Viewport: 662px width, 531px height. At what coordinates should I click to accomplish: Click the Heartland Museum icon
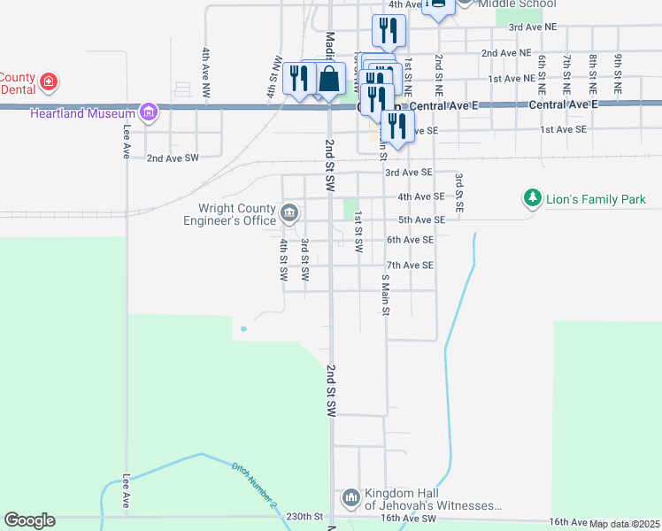pyautogui.click(x=148, y=112)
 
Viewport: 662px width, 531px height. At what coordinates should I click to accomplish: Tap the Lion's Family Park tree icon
pyautogui.click(x=532, y=199)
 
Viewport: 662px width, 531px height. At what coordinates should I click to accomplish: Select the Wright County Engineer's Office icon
pyautogui.click(x=289, y=213)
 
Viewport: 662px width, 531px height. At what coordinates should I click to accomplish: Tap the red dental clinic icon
pyautogui.click(x=50, y=83)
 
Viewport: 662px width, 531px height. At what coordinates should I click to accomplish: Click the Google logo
pyautogui.click(x=29, y=520)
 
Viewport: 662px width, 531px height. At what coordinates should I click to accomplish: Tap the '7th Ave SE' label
pyautogui.click(x=409, y=265)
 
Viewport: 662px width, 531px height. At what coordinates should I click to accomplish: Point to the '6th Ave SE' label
pyautogui.click(x=409, y=240)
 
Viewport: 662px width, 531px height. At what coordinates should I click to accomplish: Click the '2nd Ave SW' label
pyautogui.click(x=173, y=158)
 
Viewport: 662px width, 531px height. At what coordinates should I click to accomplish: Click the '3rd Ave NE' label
pyautogui.click(x=533, y=27)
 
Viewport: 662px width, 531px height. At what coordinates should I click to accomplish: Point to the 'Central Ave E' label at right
pyautogui.click(x=564, y=104)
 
